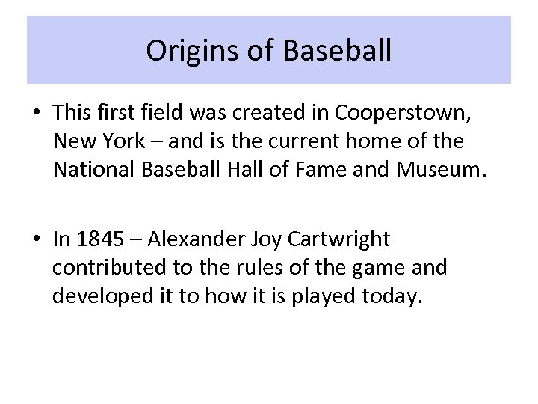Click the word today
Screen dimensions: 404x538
(393, 296)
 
